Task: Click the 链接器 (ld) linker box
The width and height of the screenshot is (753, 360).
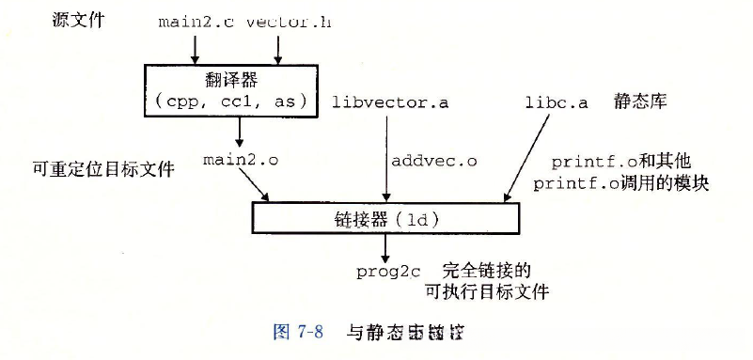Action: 386,219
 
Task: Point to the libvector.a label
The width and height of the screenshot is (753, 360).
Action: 390,102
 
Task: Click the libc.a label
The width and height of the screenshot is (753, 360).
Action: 557,102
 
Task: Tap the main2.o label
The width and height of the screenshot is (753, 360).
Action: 241,160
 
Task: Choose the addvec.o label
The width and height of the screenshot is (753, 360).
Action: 433,161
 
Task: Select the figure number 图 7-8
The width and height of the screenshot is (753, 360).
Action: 297,332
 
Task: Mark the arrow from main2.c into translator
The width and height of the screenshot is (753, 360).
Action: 196,45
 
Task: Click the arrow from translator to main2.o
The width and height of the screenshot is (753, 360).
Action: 241,132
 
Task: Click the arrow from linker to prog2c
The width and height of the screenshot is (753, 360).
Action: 384,246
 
